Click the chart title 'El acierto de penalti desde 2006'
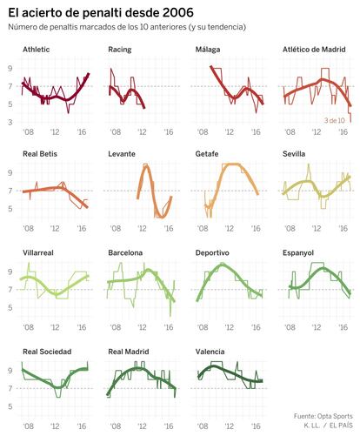(x=101, y=13)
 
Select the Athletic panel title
(x=37, y=50)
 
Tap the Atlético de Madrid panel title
(x=314, y=50)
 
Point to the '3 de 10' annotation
(x=335, y=120)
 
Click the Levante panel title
(x=122, y=154)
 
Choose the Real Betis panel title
(x=40, y=154)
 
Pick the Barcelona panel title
(x=125, y=252)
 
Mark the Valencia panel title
(x=210, y=352)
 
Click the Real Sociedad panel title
(x=47, y=352)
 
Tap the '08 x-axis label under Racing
(x=116, y=132)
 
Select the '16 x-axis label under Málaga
(x=256, y=132)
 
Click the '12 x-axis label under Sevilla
(x=317, y=229)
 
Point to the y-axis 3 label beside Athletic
(x=10, y=122)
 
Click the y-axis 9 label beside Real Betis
(x=10, y=173)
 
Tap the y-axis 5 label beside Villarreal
(x=10, y=307)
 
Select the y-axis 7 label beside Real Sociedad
(x=10, y=388)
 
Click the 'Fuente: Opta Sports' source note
(x=323, y=416)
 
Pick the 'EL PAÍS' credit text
(x=341, y=426)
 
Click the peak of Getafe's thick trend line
(x=232, y=164)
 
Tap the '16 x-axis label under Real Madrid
(x=169, y=426)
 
